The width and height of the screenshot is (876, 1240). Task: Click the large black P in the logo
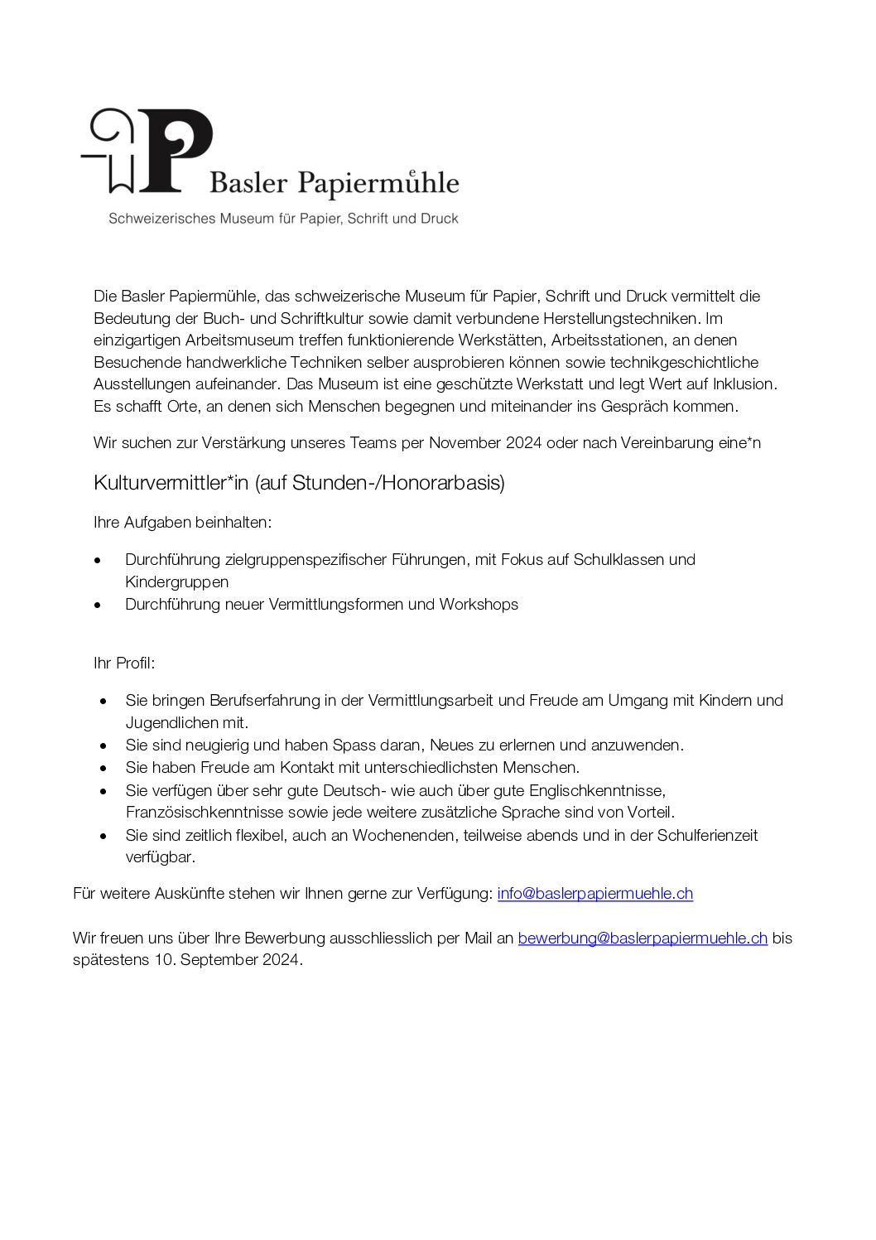(176, 150)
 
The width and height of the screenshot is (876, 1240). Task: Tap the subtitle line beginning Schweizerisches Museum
(283, 219)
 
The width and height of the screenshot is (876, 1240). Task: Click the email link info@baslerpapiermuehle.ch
(594, 893)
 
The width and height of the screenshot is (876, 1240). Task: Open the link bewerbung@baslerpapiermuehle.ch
(643, 938)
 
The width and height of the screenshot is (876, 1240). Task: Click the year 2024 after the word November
(522, 442)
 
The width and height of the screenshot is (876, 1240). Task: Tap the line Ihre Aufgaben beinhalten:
(183, 522)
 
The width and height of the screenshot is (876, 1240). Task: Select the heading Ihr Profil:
(124, 663)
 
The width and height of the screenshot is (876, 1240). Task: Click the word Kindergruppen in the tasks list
(177, 581)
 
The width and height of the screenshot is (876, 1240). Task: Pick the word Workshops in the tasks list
(479, 604)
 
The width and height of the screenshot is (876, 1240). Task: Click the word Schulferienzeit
(707, 835)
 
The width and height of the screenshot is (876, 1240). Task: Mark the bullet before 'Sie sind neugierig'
(103, 745)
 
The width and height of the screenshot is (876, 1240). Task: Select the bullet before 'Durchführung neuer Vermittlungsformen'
(99, 605)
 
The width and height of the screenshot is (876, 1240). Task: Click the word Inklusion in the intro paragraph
(744, 384)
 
